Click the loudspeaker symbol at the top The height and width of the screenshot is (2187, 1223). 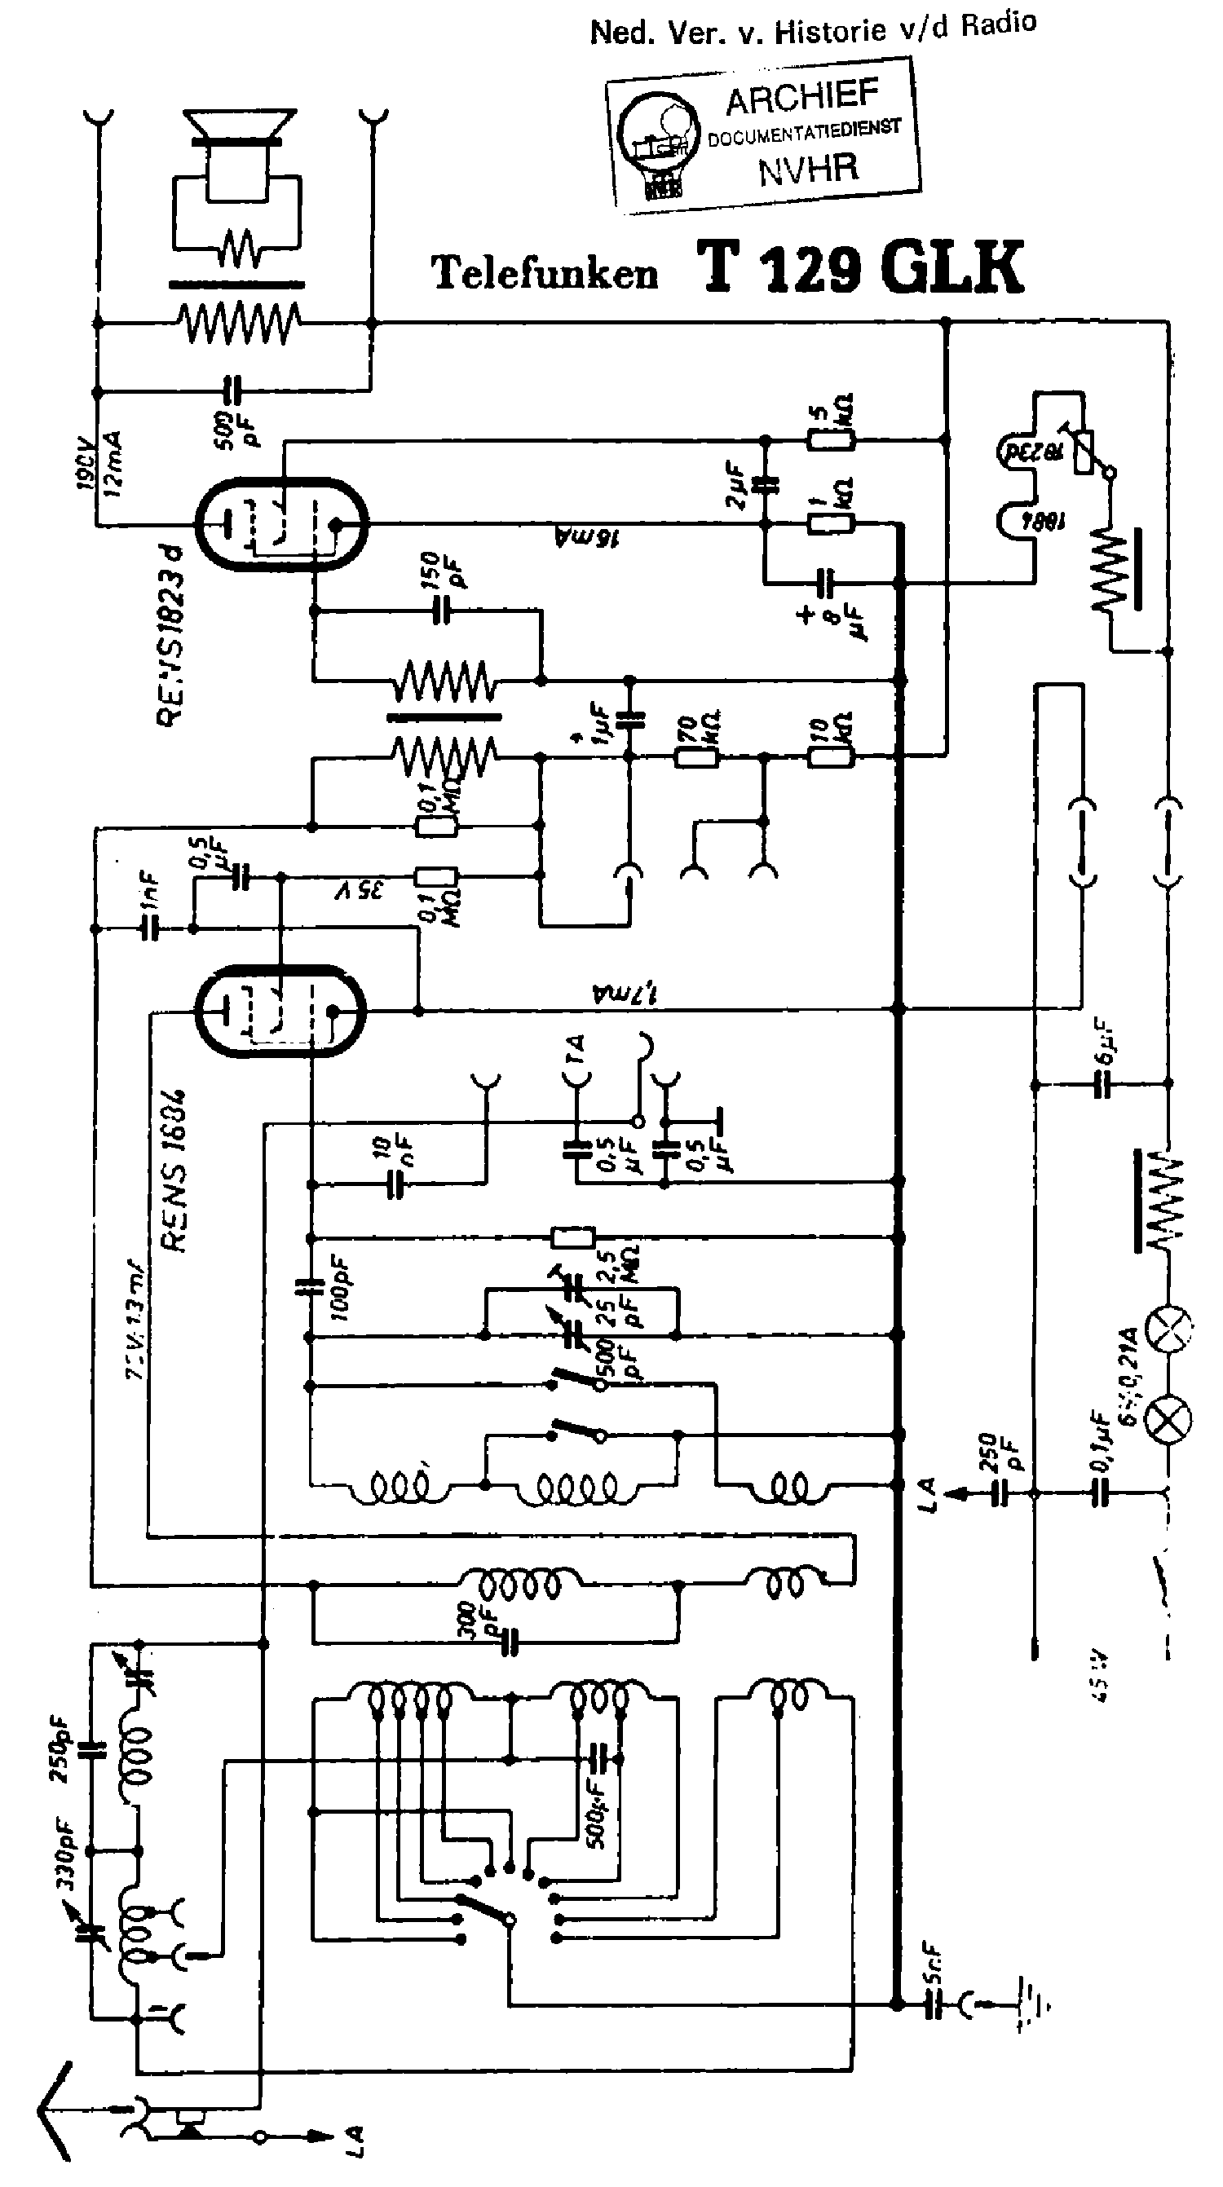coord(241,152)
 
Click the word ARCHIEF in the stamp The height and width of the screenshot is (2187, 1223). coord(801,99)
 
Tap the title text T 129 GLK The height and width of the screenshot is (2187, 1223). coord(860,267)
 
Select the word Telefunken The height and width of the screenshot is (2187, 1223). coord(545,273)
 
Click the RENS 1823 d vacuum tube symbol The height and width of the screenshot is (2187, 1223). coord(280,524)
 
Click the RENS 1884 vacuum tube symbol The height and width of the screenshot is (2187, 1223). coord(280,1010)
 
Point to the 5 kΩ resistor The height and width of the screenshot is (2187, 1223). coord(831,440)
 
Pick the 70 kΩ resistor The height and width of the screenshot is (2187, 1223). coord(696,755)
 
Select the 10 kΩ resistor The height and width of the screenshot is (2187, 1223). coord(830,755)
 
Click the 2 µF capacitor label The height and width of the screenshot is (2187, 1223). coord(735,485)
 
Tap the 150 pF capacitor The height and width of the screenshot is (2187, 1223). coord(442,610)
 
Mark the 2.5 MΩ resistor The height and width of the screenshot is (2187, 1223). coord(572,1237)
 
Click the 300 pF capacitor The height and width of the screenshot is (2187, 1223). coord(509,1642)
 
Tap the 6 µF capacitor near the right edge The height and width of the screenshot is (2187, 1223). coord(1102,1083)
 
